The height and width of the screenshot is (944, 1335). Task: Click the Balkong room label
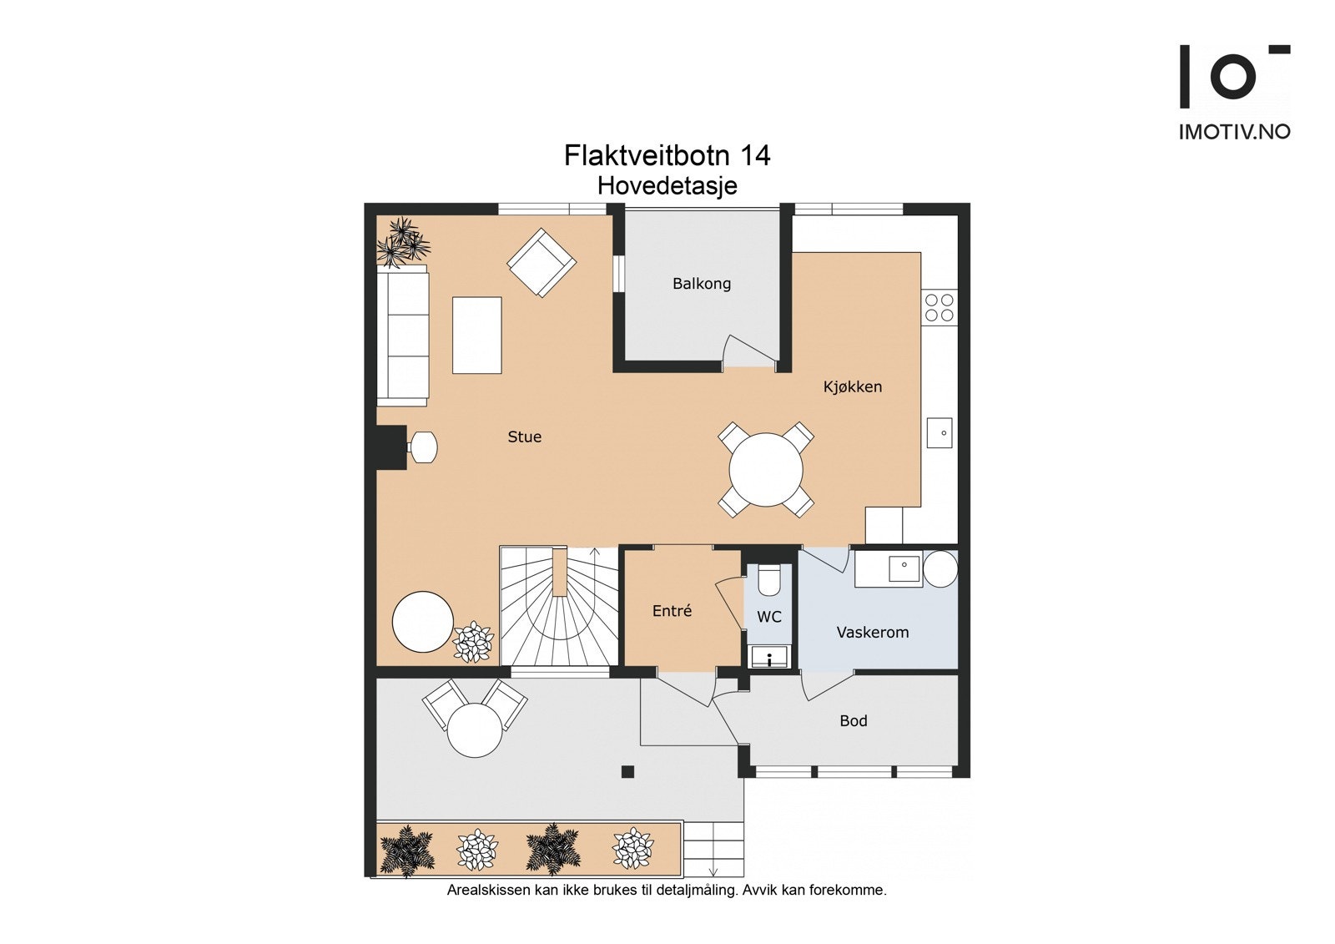(x=701, y=284)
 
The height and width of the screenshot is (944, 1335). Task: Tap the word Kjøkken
(x=852, y=386)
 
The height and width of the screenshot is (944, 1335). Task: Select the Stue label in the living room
(x=524, y=437)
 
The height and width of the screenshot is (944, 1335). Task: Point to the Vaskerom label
(x=872, y=632)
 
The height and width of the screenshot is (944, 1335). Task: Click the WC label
(x=768, y=617)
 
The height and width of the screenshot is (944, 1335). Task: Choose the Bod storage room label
(x=853, y=720)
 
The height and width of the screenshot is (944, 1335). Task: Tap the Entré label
(x=672, y=611)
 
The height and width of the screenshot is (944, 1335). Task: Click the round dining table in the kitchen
(x=765, y=469)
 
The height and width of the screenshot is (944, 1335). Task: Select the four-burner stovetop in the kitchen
(x=940, y=307)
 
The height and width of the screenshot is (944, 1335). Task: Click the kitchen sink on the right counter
(x=940, y=433)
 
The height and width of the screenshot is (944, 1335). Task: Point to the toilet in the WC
(x=768, y=578)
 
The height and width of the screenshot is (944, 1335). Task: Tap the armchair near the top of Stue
(x=542, y=262)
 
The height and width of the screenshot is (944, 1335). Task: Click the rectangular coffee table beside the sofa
(x=476, y=335)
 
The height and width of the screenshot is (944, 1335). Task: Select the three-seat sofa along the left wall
(x=402, y=336)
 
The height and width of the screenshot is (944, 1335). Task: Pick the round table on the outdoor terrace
(x=475, y=730)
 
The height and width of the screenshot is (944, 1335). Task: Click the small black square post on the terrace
(x=627, y=772)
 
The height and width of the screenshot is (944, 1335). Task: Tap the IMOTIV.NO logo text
(x=1234, y=132)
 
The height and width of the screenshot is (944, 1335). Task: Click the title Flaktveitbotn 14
(x=667, y=155)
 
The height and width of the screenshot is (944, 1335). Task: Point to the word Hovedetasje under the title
(x=667, y=185)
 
